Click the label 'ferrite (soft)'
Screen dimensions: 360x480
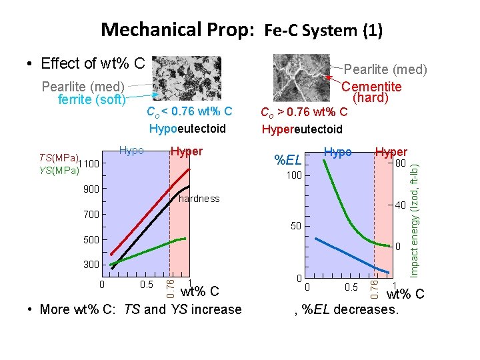tap(85, 99)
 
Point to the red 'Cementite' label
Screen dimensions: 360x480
tap(371, 87)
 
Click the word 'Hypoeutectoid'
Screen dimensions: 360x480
tap(188, 129)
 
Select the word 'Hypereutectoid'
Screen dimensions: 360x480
tap(301, 129)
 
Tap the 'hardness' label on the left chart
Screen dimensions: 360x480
tap(199, 199)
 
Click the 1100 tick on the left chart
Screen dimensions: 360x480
tap(87, 164)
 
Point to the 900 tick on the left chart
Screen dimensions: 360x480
tap(91, 189)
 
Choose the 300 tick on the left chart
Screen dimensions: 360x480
tap(91, 265)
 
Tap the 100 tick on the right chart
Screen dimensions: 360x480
tap(294, 176)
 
